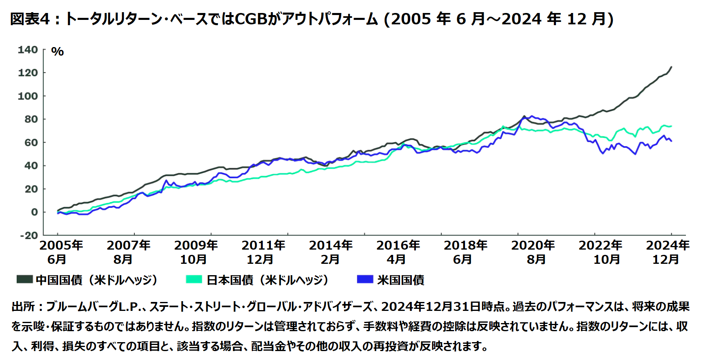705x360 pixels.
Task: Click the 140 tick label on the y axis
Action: pyautogui.click(x=28, y=50)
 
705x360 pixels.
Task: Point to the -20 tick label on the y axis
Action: pyautogui.click(x=28, y=236)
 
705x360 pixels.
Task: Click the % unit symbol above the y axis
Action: pyautogui.click(x=57, y=52)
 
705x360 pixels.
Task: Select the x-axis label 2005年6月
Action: pyautogui.click(x=61, y=252)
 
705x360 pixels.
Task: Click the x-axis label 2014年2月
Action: pyautogui.click(x=330, y=252)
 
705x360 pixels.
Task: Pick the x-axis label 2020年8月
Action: pyautogui.click(x=532, y=252)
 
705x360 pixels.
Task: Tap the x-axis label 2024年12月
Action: pyautogui.click(x=667, y=252)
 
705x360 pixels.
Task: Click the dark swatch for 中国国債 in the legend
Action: pyautogui.click(x=24, y=279)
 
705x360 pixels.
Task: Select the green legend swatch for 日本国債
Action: pyautogui.click(x=194, y=279)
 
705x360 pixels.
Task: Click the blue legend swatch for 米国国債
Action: pyautogui.click(x=365, y=279)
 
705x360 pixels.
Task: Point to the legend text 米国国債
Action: pyautogui.click(x=400, y=280)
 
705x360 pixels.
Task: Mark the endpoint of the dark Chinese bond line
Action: pyautogui.click(x=671, y=67)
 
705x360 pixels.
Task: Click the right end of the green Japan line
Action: pyautogui.click(x=671, y=126)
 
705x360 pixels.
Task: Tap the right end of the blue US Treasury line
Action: pyautogui.click(x=671, y=141)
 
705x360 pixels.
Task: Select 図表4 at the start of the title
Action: pyautogui.click(x=29, y=19)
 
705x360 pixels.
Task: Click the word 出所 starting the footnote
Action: pyautogui.click(x=23, y=306)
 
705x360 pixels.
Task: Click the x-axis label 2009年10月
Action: pyautogui.click(x=195, y=252)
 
